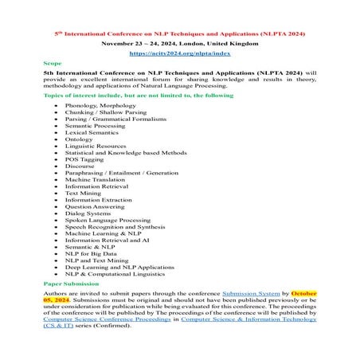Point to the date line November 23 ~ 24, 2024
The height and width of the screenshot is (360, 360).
[179, 44]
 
